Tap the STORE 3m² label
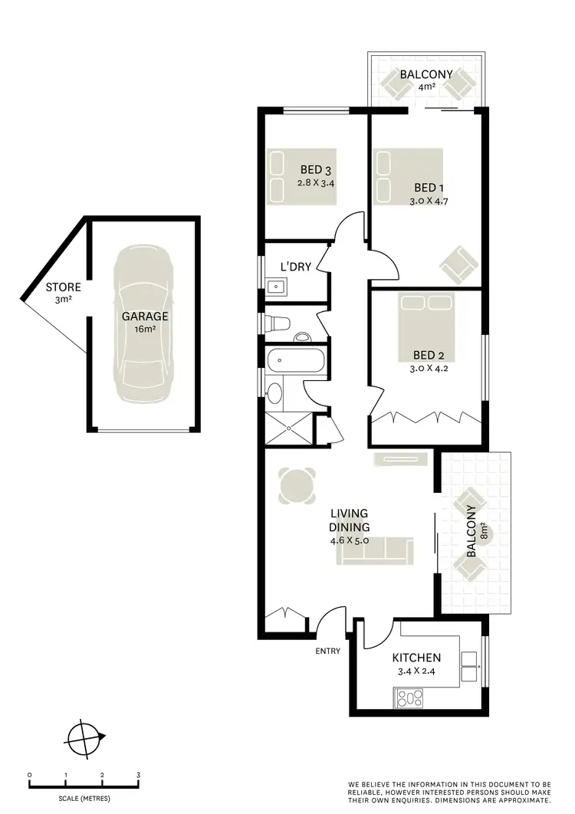[63, 293]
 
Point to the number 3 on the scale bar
[138, 776]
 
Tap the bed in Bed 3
[301, 176]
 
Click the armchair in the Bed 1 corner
[458, 265]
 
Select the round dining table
[297, 485]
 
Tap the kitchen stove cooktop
[409, 697]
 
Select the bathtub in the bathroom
[294, 359]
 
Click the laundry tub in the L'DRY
[275, 287]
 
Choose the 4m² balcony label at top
[426, 87]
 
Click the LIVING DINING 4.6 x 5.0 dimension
[350, 540]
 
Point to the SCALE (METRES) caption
[84, 798]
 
